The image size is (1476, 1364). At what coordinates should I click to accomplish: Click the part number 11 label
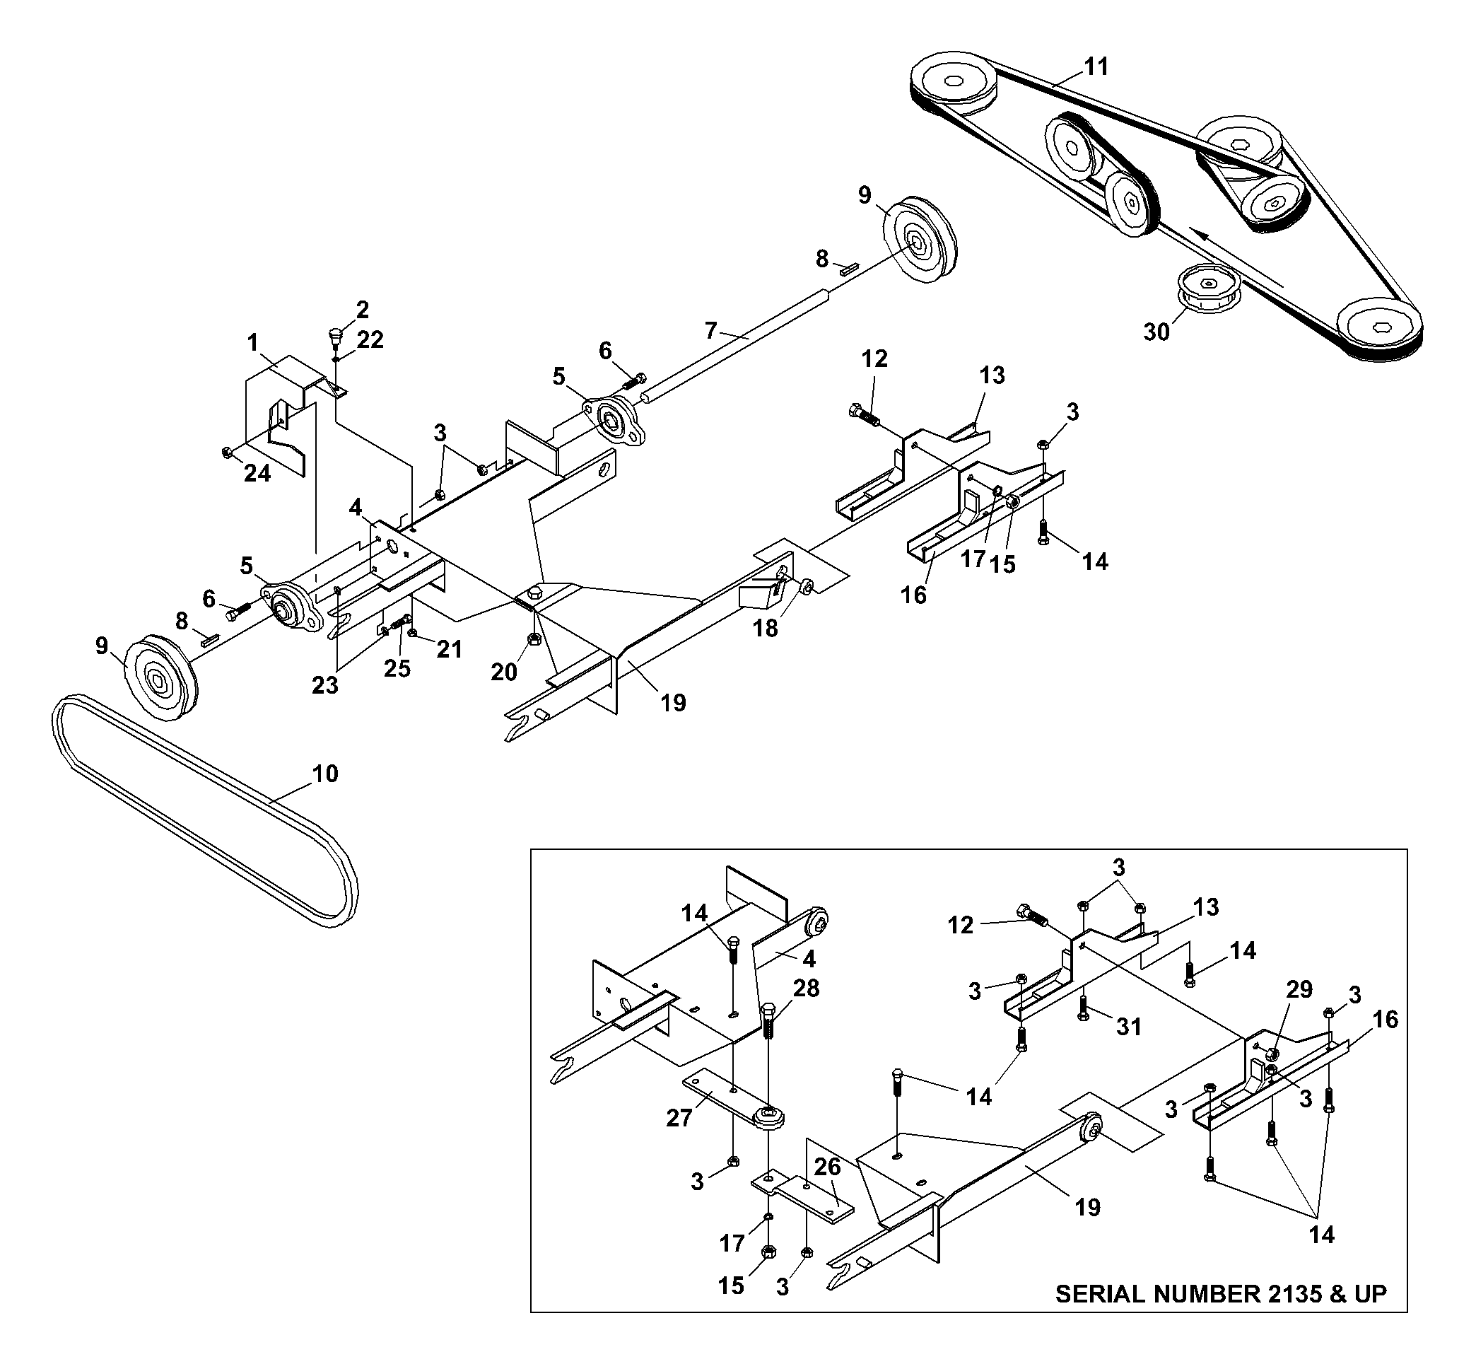(x=1096, y=66)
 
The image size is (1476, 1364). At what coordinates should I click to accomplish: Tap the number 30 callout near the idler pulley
(x=1156, y=332)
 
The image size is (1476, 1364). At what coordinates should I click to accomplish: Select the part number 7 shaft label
(x=710, y=331)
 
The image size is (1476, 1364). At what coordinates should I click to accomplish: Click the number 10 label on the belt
(x=324, y=774)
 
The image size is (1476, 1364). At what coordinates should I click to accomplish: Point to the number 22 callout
(x=370, y=339)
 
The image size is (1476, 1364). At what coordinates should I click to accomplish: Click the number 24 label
(x=257, y=473)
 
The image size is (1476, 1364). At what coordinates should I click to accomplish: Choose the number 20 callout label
(x=504, y=672)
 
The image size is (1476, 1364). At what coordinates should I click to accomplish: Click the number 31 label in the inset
(x=1129, y=1027)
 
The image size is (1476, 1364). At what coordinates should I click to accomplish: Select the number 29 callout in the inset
(x=1299, y=989)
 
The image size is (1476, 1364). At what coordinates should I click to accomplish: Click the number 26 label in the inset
(x=827, y=1166)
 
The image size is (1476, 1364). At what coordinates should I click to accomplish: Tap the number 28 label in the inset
(x=806, y=988)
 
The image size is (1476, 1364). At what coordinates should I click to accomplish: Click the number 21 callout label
(x=449, y=649)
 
